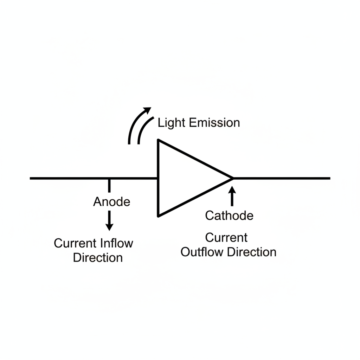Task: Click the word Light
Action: [x=172, y=123]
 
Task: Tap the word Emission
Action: [x=214, y=123]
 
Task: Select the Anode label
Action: [x=112, y=202]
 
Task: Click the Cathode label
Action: [x=229, y=215]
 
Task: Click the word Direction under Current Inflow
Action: [x=98, y=257]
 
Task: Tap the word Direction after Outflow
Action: [x=252, y=252]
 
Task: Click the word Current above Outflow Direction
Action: [x=226, y=238]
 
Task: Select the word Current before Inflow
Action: [x=75, y=243]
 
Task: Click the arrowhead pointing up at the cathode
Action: [x=232, y=190]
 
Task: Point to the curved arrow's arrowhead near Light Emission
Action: [x=147, y=110]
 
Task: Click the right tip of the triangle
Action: [x=233, y=178]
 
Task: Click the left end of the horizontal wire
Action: [x=31, y=178]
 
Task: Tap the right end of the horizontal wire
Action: [x=329, y=178]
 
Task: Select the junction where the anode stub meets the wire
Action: [x=110, y=179]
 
